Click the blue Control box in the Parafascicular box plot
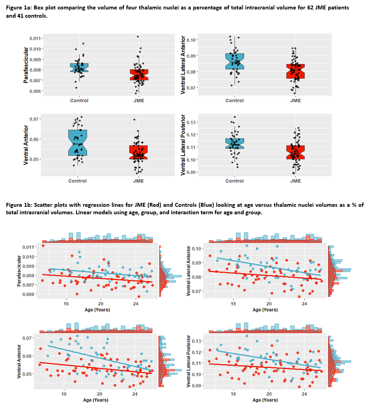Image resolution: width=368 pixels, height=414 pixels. click(x=79, y=68)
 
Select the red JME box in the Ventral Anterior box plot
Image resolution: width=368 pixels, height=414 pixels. click(x=138, y=152)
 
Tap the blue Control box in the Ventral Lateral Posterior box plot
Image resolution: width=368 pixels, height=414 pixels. click(x=234, y=144)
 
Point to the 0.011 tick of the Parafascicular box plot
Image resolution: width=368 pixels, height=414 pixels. click(x=36, y=39)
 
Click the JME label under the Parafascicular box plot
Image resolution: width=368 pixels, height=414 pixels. click(x=138, y=101)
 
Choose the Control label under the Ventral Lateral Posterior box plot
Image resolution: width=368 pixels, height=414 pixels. click(x=234, y=181)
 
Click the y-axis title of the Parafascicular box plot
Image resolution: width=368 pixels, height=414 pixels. click(x=26, y=65)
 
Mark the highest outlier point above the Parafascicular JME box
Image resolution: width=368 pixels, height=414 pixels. click(x=137, y=37)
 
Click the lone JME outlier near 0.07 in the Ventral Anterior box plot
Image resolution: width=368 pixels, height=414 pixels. click(x=134, y=120)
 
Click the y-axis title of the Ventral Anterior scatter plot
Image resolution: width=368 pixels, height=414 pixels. click(x=19, y=361)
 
